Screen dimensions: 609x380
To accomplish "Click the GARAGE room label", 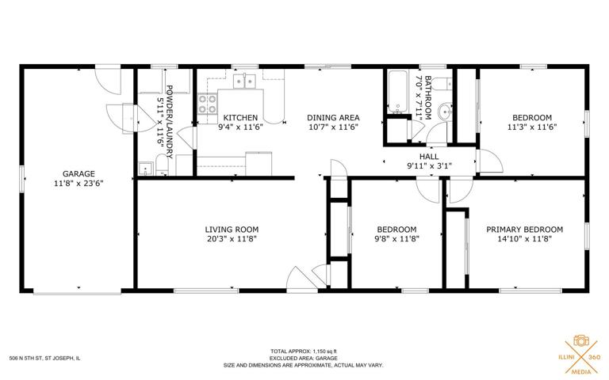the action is pyautogui.click(x=79, y=173).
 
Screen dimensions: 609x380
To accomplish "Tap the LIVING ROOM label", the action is pyautogui.click(x=232, y=230).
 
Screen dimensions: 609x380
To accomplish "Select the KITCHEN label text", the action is pyautogui.click(x=240, y=117).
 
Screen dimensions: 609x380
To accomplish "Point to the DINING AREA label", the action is pyautogui.click(x=333, y=117).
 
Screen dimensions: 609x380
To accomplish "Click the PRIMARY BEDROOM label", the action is pyautogui.click(x=525, y=230).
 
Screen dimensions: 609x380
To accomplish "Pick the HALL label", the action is pyautogui.click(x=429, y=157).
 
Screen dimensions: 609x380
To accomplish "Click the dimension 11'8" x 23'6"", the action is pyautogui.click(x=79, y=184).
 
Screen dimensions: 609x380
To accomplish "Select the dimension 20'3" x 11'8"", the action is pyautogui.click(x=232, y=239).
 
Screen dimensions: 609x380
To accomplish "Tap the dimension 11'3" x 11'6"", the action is pyautogui.click(x=532, y=127).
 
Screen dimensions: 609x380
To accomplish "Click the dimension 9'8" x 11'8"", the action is pyautogui.click(x=397, y=239).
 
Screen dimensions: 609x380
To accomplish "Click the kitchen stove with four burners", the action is pyautogui.click(x=208, y=104).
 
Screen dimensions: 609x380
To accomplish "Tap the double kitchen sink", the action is pyautogui.click(x=244, y=82).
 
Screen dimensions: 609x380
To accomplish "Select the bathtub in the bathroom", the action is pyautogui.click(x=397, y=92).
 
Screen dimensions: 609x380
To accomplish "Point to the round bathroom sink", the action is pyautogui.click(x=445, y=112).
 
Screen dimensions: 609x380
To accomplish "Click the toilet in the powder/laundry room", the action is pyautogui.click(x=162, y=165).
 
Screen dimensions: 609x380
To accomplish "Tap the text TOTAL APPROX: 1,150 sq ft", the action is pyautogui.click(x=304, y=351).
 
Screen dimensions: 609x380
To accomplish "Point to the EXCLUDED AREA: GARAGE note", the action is pyautogui.click(x=304, y=359).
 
